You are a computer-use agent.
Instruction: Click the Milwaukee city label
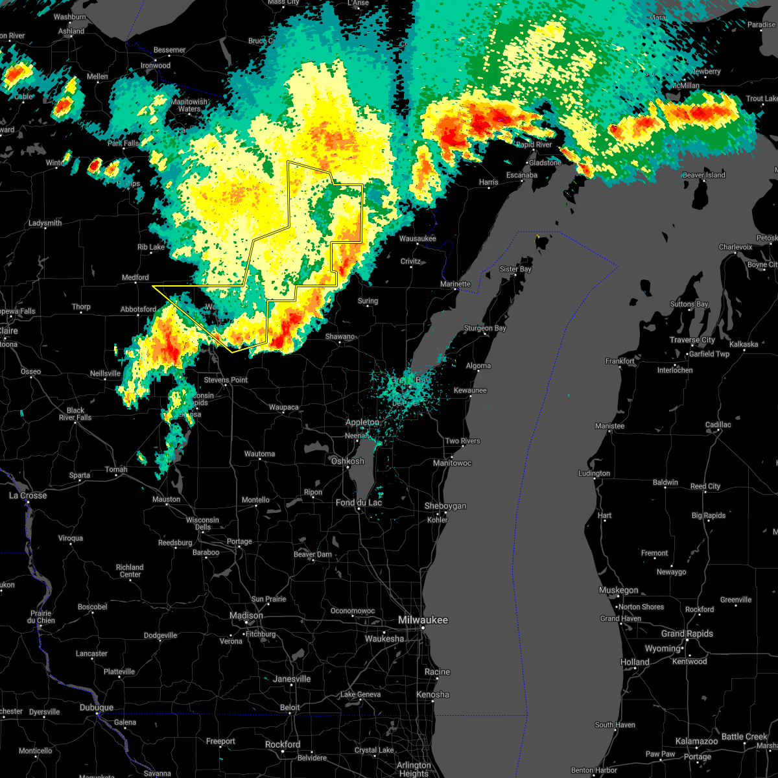[x=422, y=620]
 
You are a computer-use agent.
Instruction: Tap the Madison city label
[x=246, y=615]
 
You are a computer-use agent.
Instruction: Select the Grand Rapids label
[x=687, y=633]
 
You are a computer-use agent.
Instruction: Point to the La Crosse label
[x=28, y=495]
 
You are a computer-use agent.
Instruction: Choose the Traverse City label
[x=693, y=340]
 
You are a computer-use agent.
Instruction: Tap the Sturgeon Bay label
[x=485, y=328]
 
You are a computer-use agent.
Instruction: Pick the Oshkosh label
[x=348, y=461]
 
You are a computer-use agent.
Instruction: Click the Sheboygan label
[x=445, y=506]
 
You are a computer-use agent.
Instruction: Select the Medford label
[x=136, y=277]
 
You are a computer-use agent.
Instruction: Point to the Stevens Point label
[x=226, y=380]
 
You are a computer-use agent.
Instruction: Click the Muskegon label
[x=619, y=590]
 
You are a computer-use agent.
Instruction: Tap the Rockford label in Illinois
[x=283, y=744]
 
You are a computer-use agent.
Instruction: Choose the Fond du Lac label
[x=359, y=502]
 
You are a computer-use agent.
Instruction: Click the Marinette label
[x=455, y=284]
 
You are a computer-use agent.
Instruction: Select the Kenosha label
[x=432, y=694]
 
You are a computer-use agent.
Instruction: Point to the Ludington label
[x=594, y=473]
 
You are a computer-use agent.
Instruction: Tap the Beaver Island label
[x=703, y=175]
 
